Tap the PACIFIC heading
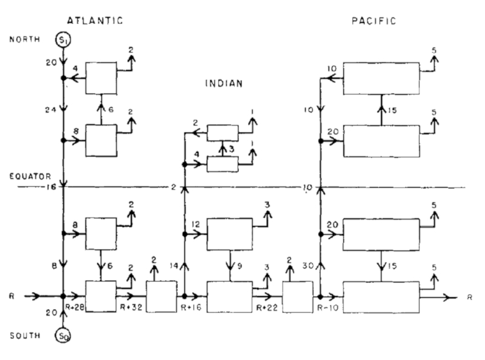point(374,21)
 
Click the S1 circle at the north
point(63,39)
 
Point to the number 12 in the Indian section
point(196,225)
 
